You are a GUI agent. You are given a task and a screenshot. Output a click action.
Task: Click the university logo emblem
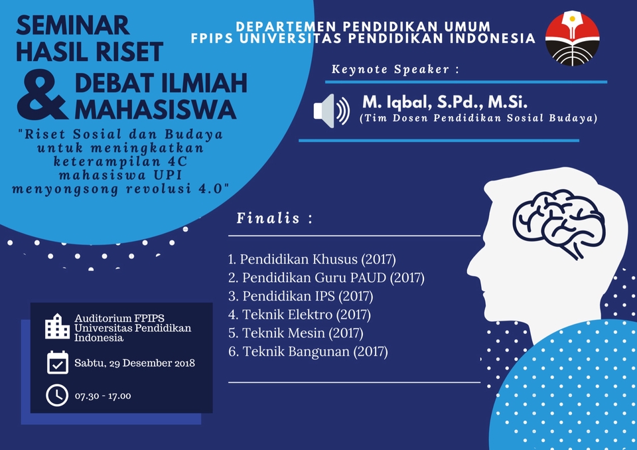572,38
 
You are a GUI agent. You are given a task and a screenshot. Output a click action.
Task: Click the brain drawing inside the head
558,219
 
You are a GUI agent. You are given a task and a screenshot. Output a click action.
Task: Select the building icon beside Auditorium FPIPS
57,326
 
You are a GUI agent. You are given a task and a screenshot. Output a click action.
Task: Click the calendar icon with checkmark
58,362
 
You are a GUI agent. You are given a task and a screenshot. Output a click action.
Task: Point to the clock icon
57,395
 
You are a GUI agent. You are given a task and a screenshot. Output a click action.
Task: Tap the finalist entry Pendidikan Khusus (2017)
312,258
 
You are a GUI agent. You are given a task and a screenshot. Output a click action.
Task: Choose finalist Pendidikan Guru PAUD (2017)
326,277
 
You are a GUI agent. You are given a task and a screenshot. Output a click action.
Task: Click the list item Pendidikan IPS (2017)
301,295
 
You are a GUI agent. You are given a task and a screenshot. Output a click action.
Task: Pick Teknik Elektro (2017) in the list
299,314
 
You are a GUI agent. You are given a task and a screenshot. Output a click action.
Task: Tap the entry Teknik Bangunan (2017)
308,351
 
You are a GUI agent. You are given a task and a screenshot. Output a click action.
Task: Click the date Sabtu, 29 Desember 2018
135,363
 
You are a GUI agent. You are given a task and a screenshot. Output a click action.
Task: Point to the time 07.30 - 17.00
103,396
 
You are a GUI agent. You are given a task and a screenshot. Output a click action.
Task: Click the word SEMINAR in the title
72,25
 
